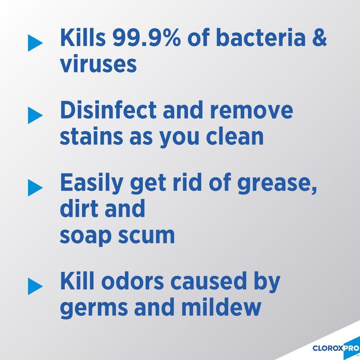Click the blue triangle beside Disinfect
[35, 114]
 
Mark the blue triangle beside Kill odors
[35, 284]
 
